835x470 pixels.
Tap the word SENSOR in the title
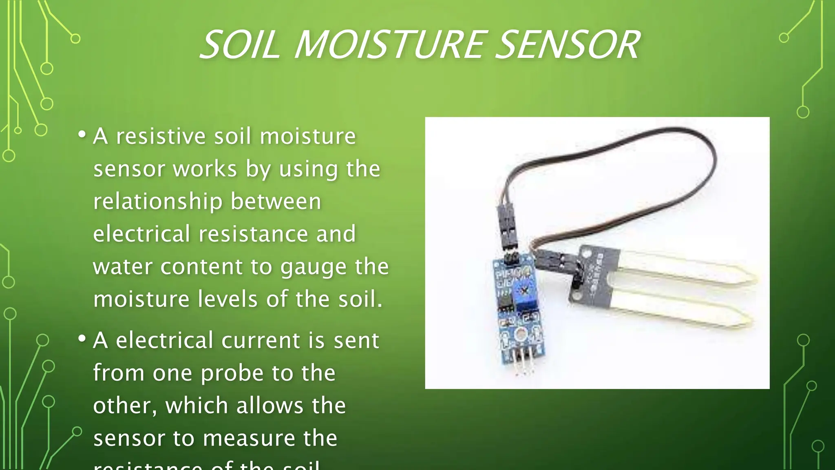click(x=569, y=45)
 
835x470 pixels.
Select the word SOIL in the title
click(x=240, y=45)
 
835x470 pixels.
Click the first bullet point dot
click(x=82, y=134)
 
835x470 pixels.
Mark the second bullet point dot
click(x=82, y=339)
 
